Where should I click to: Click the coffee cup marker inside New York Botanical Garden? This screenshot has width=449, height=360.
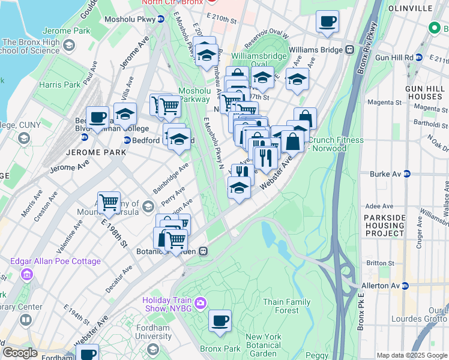coord(220,320)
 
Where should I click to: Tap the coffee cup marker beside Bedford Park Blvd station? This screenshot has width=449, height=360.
coord(97,118)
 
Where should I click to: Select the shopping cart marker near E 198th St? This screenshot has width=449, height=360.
coord(109,203)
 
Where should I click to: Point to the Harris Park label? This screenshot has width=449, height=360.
coord(59,85)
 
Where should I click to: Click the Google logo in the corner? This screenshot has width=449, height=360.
coord(20,353)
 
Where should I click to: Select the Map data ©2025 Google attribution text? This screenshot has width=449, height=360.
coord(411,355)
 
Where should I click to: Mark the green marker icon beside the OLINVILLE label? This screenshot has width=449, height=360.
coord(435,28)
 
